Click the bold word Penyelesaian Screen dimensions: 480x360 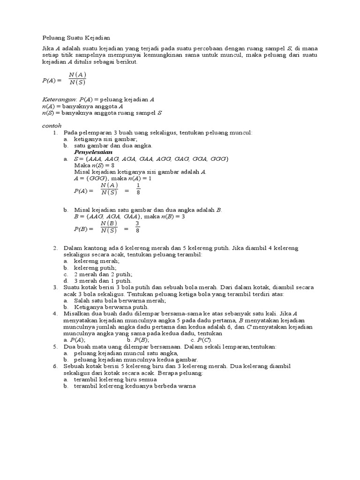(x=93, y=153)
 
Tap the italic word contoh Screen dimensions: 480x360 (x=52, y=126)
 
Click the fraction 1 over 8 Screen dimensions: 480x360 (x=138, y=188)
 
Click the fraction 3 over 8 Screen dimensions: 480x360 (x=137, y=227)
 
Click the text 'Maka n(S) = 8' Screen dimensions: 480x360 (x=94, y=165)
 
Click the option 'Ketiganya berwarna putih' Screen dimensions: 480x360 (x=111, y=307)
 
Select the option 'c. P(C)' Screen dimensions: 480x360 (x=201, y=340)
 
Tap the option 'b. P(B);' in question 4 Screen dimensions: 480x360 (x=138, y=340)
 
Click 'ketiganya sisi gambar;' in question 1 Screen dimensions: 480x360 (x=105, y=139)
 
